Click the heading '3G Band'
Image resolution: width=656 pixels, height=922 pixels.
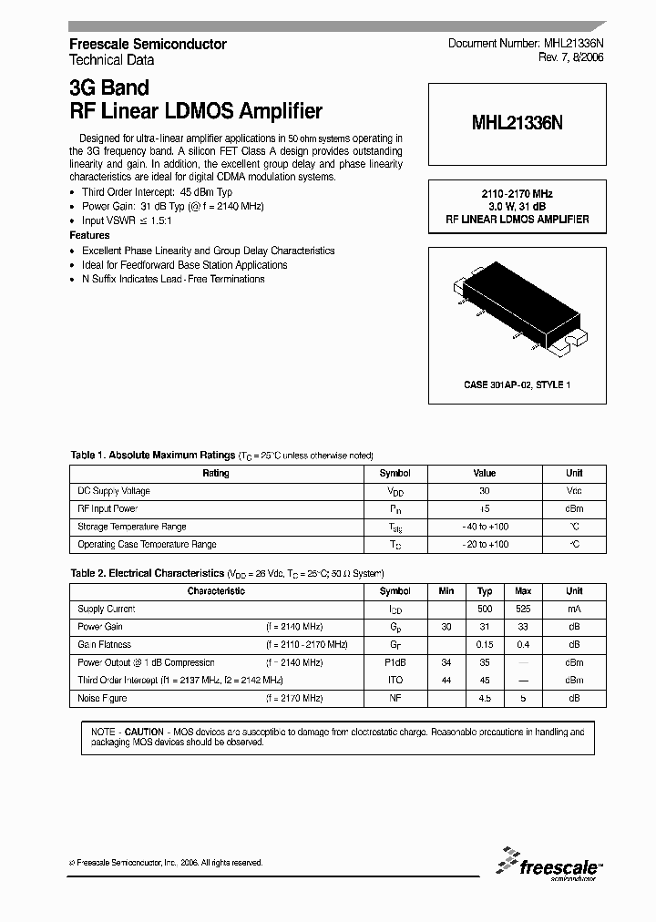(109, 89)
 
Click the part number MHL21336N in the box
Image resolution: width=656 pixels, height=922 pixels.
(517, 125)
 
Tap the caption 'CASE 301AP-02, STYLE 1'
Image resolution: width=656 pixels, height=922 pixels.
(517, 385)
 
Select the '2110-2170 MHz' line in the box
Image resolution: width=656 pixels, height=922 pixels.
(517, 195)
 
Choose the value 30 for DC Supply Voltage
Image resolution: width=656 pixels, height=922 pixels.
(484, 491)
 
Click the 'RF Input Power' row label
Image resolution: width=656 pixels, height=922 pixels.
(108, 508)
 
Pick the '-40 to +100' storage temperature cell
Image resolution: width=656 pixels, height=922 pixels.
(484, 527)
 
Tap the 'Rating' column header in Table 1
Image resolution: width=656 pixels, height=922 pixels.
(216, 473)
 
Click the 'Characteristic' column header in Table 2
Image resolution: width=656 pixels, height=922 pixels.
(216, 591)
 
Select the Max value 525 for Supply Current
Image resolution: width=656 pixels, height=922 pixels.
(523, 609)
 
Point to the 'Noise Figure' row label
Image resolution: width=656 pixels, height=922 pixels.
(102, 698)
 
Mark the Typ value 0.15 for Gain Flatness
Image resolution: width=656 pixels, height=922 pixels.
(485, 644)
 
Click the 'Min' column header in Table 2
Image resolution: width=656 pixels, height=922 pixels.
(446, 591)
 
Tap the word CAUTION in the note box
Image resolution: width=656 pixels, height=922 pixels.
(144, 732)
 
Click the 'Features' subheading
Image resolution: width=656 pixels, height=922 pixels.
(89, 235)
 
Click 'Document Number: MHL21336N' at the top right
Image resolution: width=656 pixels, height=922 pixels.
(525, 44)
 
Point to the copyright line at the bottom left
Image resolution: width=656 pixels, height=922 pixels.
(166, 862)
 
